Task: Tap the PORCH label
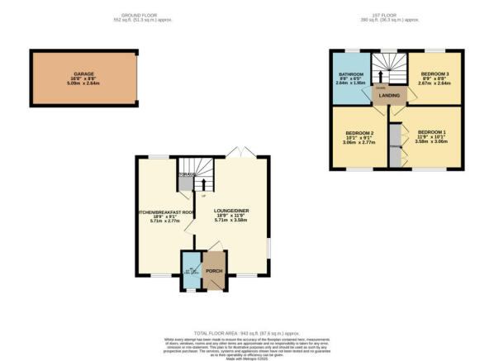[214, 271]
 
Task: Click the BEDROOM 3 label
[435, 73]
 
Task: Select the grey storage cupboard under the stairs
[187, 183]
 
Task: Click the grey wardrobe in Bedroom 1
[394, 145]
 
